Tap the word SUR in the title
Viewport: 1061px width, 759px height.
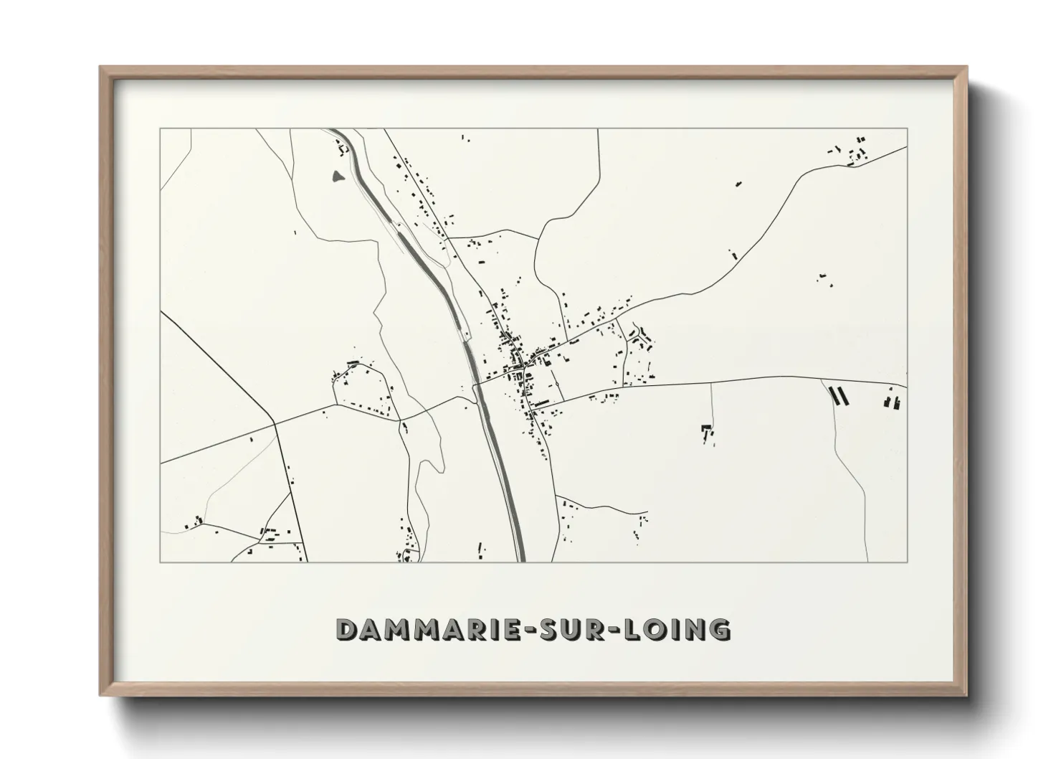574,630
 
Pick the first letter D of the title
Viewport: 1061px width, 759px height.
347,630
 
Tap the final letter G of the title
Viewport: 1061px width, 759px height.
719,630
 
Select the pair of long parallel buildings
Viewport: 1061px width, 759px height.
838,395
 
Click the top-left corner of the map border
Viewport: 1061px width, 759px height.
160,129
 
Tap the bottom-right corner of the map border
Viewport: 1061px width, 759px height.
908,562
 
